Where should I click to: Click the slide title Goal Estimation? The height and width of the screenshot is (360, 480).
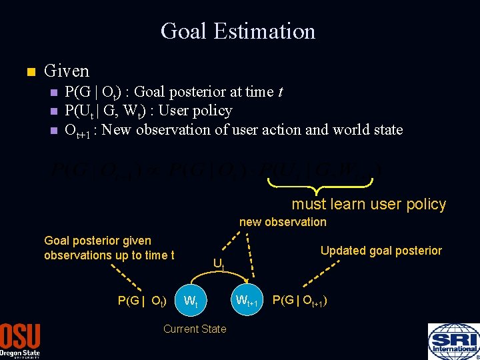(238, 31)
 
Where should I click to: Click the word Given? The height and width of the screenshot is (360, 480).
(66, 70)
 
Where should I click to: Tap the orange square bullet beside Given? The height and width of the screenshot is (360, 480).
(27, 71)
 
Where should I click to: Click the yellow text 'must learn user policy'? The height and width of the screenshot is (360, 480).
(369, 204)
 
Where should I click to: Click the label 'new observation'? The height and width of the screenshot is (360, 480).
(283, 222)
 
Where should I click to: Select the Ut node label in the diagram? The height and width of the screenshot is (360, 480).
(219, 263)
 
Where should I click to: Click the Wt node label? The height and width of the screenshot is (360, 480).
(191, 301)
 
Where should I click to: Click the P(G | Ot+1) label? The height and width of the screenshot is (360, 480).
(299, 301)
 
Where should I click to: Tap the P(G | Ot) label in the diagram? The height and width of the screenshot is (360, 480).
(141, 301)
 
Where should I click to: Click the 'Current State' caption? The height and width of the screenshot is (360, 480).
(195, 329)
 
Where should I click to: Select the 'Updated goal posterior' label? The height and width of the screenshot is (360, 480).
(381, 251)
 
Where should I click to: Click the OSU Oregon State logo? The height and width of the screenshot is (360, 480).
(20, 341)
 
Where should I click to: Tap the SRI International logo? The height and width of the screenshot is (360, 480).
(453, 341)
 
